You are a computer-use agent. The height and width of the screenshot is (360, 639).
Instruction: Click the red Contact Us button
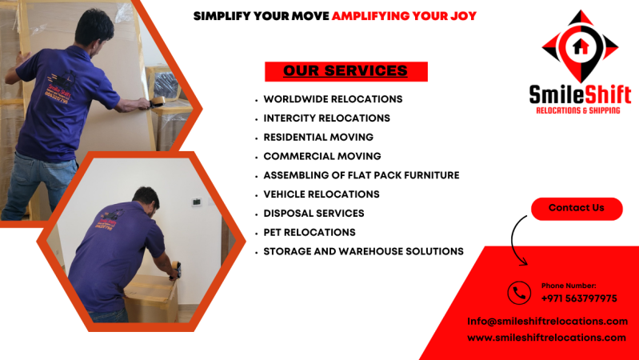[x=576, y=208]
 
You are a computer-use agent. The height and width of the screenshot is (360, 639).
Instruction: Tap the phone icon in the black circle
[x=519, y=293]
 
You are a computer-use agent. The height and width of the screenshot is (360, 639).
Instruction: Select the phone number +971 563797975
[x=578, y=298]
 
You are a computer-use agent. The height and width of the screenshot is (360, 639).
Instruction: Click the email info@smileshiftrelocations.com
[x=547, y=322]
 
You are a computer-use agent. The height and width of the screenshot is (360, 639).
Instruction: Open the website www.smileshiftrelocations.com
[x=546, y=338]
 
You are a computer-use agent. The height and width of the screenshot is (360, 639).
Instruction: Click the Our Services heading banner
[x=345, y=71]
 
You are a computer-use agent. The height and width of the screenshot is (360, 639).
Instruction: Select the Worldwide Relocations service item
[x=333, y=99]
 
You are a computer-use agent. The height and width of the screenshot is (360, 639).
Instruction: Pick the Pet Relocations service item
[x=310, y=232]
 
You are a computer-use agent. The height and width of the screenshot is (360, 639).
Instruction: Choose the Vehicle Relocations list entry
[x=321, y=194]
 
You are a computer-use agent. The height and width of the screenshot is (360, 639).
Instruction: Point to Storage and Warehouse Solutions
[x=363, y=251]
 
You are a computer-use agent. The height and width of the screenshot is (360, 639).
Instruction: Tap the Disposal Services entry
[x=314, y=214]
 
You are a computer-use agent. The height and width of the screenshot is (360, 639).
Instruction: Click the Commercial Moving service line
[x=322, y=156]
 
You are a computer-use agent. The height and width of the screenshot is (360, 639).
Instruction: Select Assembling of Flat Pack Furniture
[x=361, y=175]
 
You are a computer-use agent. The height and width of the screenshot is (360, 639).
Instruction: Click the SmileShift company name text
[x=580, y=94]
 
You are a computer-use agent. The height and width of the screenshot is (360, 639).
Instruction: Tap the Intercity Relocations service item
[x=326, y=118]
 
